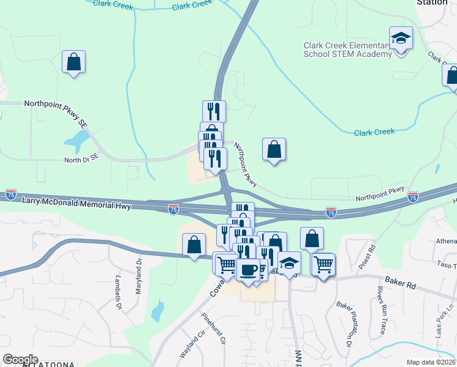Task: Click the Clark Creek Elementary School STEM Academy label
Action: [348, 50]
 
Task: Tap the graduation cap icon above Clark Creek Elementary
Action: [401, 39]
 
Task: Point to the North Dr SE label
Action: [81, 160]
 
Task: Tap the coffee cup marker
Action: [247, 270]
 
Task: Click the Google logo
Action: [20, 360]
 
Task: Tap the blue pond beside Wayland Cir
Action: [158, 311]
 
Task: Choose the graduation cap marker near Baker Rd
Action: [289, 263]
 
